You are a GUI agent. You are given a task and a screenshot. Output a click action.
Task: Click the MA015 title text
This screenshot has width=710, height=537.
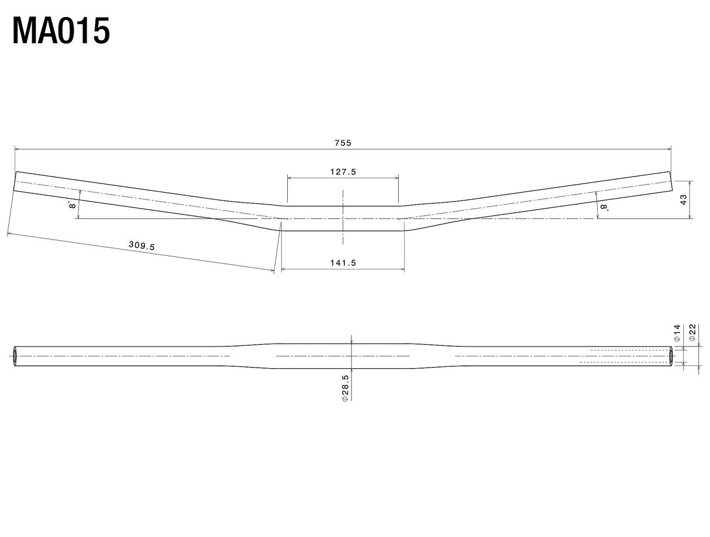tap(61, 31)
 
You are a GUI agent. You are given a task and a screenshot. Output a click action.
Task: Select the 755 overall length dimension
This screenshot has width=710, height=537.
tap(343, 143)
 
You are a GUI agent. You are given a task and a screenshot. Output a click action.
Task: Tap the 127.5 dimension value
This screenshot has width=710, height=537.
tap(343, 172)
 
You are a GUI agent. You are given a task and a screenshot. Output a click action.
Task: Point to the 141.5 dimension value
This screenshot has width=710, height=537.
tap(343, 263)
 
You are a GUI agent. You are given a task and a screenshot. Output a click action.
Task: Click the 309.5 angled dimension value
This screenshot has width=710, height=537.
tap(142, 245)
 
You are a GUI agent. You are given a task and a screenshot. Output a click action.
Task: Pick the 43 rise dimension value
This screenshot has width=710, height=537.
tap(683, 199)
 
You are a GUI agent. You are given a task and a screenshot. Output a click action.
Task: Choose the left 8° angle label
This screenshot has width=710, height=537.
tap(72, 205)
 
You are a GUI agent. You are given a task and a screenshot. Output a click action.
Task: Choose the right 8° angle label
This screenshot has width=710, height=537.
tap(604, 207)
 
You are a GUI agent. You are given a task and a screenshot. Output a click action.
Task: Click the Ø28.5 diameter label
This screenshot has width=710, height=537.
tap(345, 388)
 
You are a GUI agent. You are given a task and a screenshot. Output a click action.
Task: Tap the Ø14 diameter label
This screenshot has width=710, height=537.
tap(677, 333)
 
